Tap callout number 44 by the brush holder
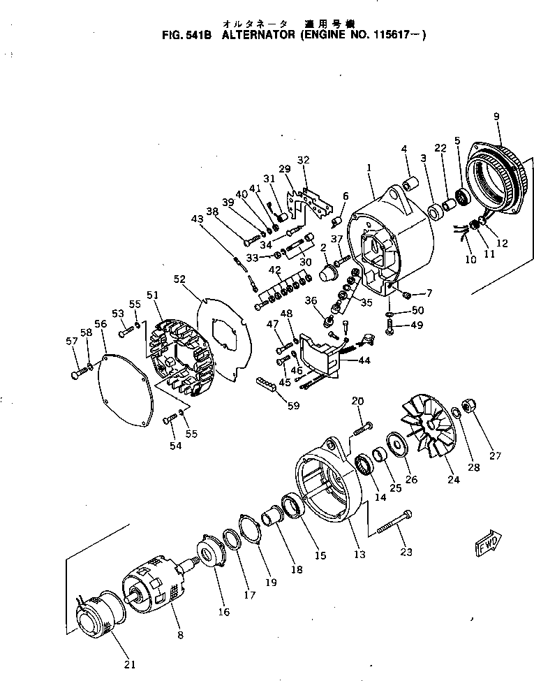pyautogui.click(x=364, y=360)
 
